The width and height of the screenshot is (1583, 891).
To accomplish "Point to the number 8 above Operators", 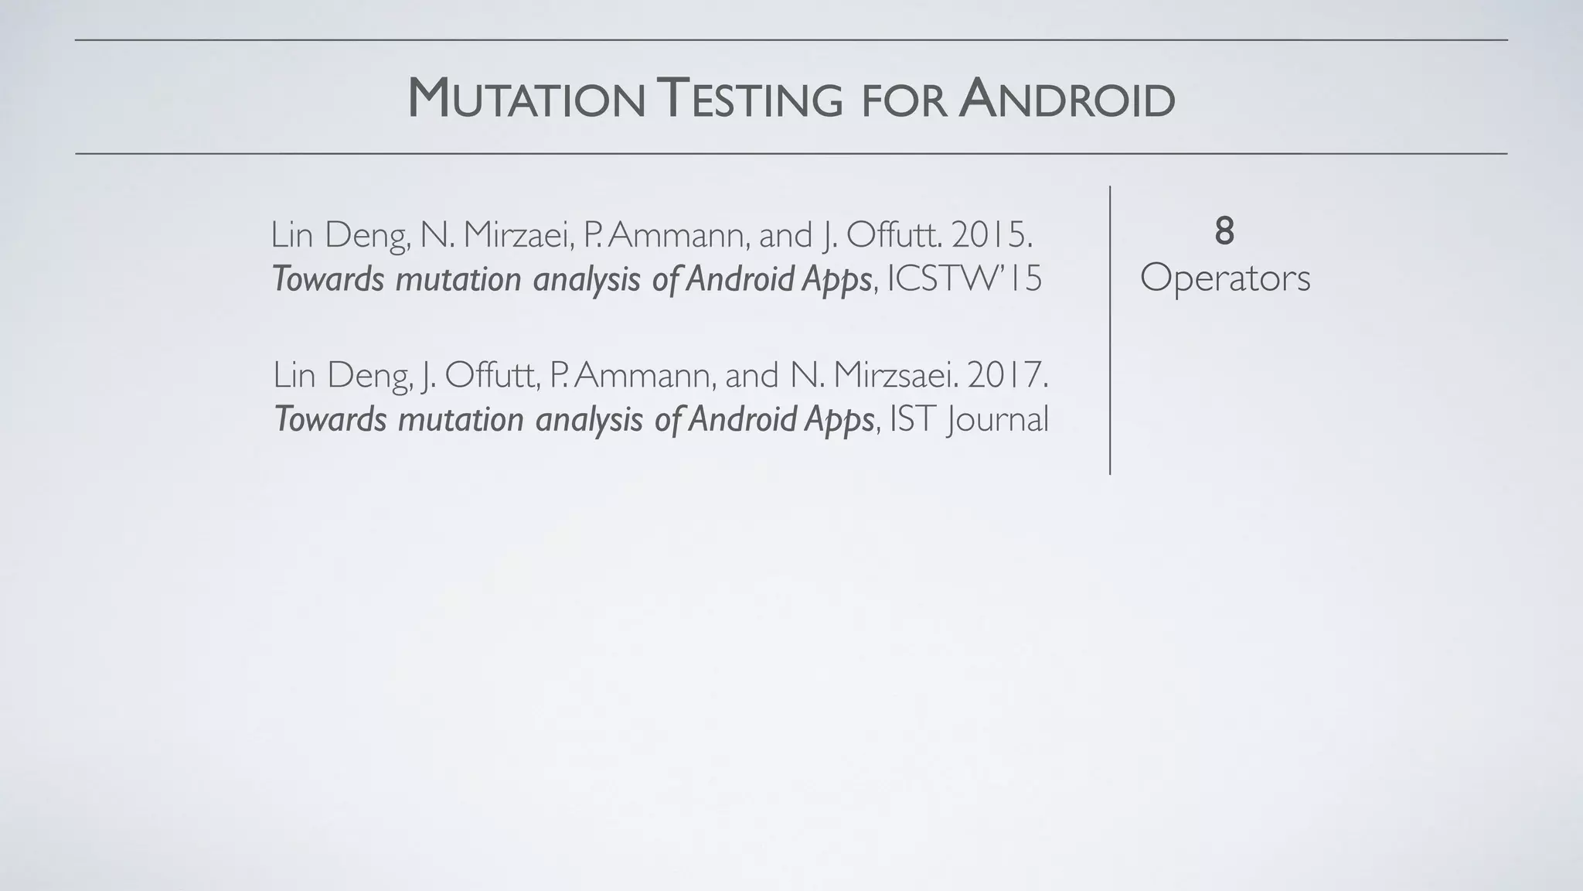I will pos(1224,231).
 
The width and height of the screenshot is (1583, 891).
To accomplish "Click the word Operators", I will pos(1225,278).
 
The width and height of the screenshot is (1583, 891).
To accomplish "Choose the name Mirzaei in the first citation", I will pos(515,234).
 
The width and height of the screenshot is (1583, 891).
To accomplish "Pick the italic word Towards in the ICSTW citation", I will pos(328,279).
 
